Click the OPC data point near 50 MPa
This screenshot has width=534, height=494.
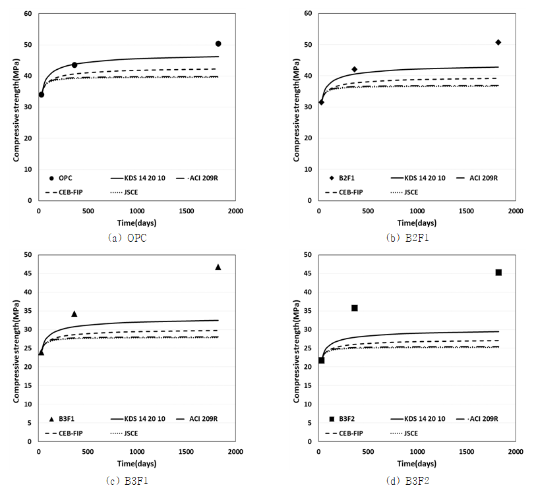point(218,43)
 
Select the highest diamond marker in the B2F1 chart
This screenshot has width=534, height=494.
point(498,42)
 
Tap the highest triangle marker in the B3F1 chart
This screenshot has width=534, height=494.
point(218,267)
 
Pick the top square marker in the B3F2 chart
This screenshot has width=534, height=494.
point(498,272)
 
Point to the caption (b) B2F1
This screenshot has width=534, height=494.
point(408,238)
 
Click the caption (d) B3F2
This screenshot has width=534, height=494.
point(408,481)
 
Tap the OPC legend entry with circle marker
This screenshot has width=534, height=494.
point(61,178)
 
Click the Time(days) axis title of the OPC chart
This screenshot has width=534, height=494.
point(137,223)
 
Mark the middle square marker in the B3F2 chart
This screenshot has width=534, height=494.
point(354,308)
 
